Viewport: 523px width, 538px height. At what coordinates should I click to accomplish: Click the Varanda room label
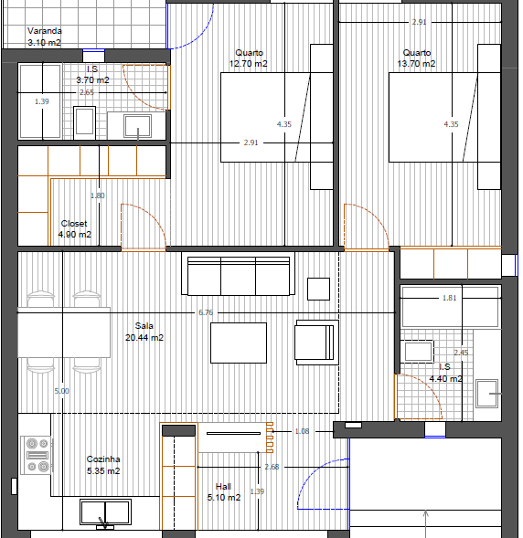click(45, 31)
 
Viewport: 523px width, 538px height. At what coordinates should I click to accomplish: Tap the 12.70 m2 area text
click(249, 64)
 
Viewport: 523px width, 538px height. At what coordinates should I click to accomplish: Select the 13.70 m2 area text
click(416, 64)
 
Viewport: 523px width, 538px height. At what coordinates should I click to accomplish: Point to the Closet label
click(74, 224)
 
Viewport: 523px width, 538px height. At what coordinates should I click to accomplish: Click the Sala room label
click(144, 325)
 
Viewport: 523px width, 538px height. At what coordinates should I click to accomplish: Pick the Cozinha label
click(103, 459)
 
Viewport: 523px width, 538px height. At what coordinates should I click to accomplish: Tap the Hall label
click(223, 486)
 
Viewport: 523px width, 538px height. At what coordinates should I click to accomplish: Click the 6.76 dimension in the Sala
click(206, 312)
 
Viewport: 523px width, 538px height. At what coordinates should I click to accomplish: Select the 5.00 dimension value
click(62, 391)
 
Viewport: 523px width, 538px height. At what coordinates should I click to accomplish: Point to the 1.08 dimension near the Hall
click(303, 431)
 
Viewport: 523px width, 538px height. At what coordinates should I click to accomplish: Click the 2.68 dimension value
click(272, 467)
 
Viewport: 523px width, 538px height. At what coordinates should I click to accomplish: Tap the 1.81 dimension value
click(450, 298)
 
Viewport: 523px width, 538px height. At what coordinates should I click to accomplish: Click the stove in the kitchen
click(37, 455)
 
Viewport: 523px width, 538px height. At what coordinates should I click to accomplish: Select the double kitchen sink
click(105, 512)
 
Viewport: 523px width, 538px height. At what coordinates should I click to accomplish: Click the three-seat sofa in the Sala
click(239, 276)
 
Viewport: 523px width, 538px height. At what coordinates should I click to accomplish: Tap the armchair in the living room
click(317, 343)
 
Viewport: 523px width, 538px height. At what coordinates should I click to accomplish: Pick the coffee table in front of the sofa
click(239, 343)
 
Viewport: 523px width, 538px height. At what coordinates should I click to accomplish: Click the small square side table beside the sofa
click(318, 289)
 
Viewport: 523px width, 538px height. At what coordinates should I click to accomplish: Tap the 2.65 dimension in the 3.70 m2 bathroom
click(87, 92)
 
